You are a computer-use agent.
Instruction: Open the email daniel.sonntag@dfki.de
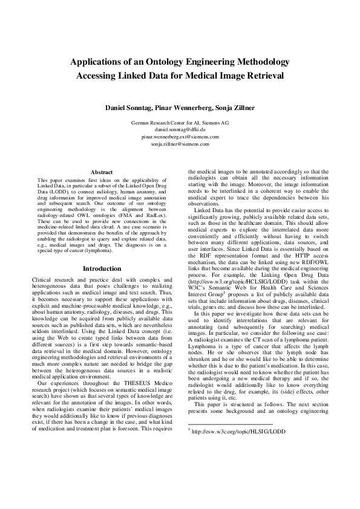tap(180, 130)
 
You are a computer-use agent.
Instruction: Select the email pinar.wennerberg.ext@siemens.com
tap(180, 137)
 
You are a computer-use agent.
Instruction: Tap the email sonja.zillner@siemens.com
tap(180, 144)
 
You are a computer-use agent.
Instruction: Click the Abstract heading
tap(102, 173)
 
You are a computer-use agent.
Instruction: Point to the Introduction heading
tap(102, 268)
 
